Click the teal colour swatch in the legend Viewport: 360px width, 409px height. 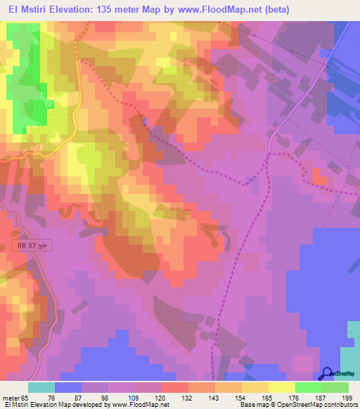(x=41, y=387)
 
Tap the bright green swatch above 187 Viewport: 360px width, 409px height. (x=309, y=387)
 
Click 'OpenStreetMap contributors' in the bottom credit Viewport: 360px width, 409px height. (x=323, y=405)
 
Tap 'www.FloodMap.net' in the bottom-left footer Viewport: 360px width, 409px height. (x=136, y=405)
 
